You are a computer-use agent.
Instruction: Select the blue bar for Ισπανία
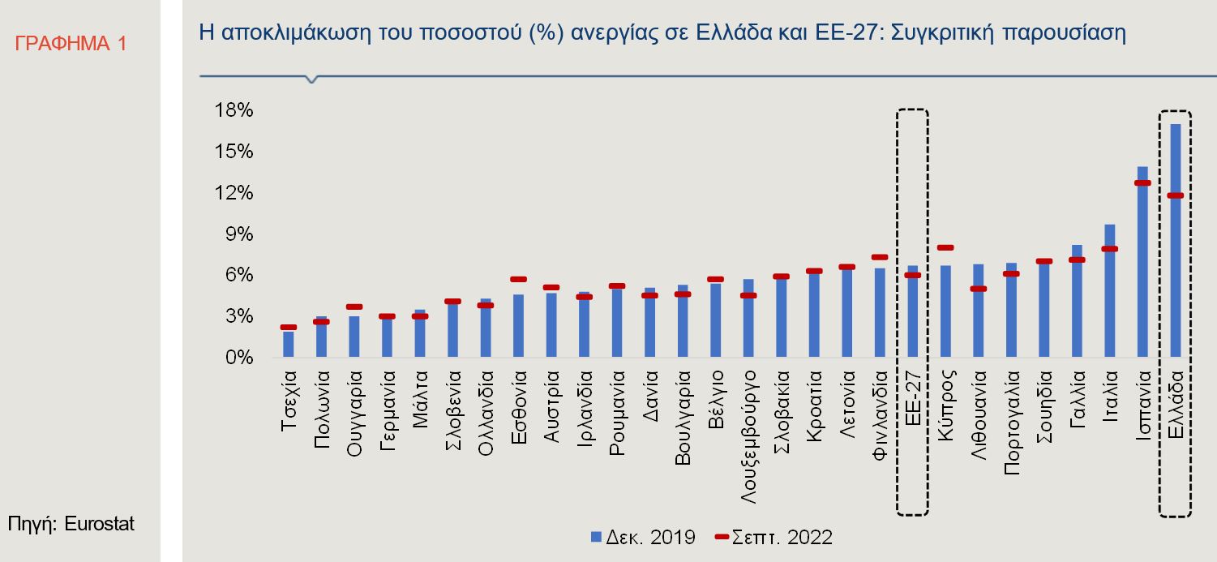[1142, 268]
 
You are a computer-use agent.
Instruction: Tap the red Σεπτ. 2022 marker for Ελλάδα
[1176, 195]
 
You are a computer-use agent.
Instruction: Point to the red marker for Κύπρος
[945, 247]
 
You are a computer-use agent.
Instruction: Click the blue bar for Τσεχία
[289, 344]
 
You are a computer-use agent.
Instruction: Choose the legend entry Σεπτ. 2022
[773, 536]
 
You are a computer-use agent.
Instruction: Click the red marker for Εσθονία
[519, 279]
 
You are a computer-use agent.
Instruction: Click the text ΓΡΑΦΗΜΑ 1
[71, 44]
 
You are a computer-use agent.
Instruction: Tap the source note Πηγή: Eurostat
[71, 524]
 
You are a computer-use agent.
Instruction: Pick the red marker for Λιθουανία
[978, 289]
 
